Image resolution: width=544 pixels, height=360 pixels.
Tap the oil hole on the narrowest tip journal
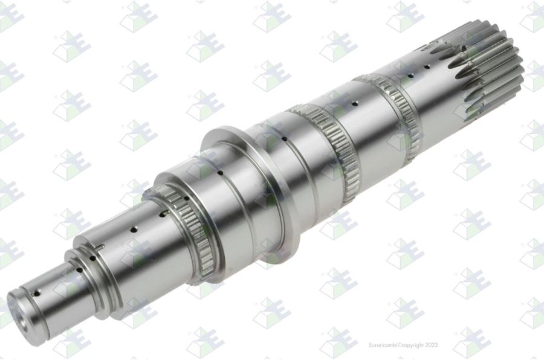[36, 294]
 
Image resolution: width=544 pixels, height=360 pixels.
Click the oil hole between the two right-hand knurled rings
[354, 103]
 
